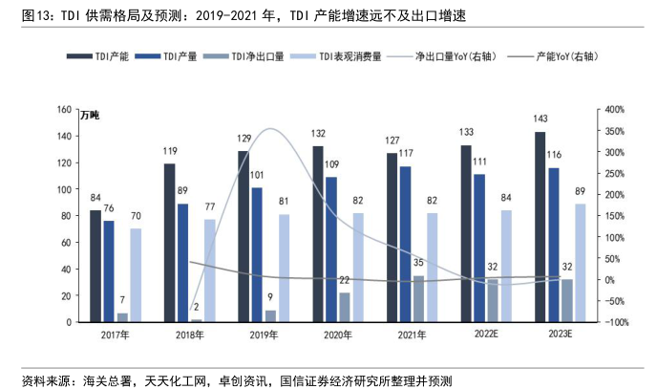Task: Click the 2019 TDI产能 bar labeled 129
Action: tap(244, 236)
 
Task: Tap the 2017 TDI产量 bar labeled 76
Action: tap(108, 271)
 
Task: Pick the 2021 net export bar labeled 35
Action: tap(417, 298)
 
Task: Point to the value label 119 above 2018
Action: tap(169, 152)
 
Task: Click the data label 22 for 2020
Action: tap(343, 280)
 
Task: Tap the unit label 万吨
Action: tap(89, 116)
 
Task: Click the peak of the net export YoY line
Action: tap(271, 129)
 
